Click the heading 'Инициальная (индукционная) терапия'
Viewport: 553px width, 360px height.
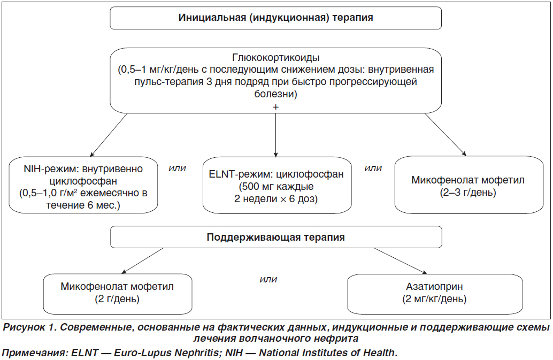tap(275, 18)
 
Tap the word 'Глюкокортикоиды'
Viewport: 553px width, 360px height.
tap(276, 57)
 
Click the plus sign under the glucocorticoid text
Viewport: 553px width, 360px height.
tap(276, 107)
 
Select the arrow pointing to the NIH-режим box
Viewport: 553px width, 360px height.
tap(109, 135)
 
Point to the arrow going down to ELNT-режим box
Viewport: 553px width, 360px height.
tap(276, 135)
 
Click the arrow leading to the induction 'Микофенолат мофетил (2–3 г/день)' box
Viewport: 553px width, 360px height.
tap(446, 134)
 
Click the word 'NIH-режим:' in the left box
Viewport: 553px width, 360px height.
tap(51, 169)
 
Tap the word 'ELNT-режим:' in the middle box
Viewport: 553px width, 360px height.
tap(241, 174)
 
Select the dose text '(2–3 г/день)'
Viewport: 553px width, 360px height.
tap(468, 193)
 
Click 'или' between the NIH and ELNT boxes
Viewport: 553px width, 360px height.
tap(177, 168)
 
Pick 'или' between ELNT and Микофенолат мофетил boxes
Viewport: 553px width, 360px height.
tap(373, 168)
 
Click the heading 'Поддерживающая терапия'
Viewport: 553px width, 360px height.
tap(276, 238)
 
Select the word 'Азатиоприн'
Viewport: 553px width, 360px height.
tap(434, 287)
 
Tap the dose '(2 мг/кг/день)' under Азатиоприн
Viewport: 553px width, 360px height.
tap(434, 299)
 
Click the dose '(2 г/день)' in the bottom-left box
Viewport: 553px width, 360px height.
tap(117, 299)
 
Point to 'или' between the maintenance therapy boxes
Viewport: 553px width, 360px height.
tap(268, 280)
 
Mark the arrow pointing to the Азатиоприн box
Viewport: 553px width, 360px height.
tap(401, 261)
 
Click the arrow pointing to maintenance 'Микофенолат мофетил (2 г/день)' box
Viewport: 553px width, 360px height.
tap(142, 261)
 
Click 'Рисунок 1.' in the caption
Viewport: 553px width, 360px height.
tap(29, 327)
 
